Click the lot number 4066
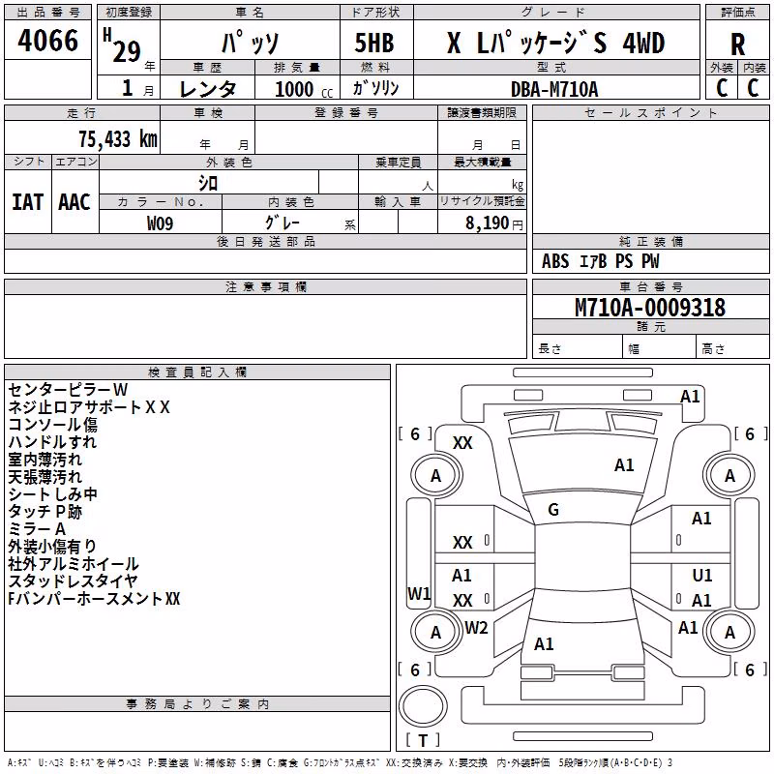[x=47, y=40]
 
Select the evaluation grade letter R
[x=737, y=45]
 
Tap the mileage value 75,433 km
[x=118, y=138]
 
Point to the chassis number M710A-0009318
[x=650, y=307]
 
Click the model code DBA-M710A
[x=554, y=89]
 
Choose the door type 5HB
[x=374, y=43]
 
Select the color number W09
[x=160, y=223]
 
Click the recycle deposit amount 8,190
[x=487, y=223]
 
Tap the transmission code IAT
[x=28, y=202]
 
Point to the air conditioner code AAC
[x=74, y=202]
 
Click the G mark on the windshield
[x=553, y=510]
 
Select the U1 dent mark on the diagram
[x=702, y=575]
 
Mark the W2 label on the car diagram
[x=476, y=627]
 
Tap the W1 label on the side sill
[x=419, y=593]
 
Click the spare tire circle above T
[x=423, y=705]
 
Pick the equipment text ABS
[x=555, y=261]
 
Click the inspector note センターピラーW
[x=68, y=390]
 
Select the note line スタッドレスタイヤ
[x=73, y=581]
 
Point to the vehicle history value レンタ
[x=208, y=89]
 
